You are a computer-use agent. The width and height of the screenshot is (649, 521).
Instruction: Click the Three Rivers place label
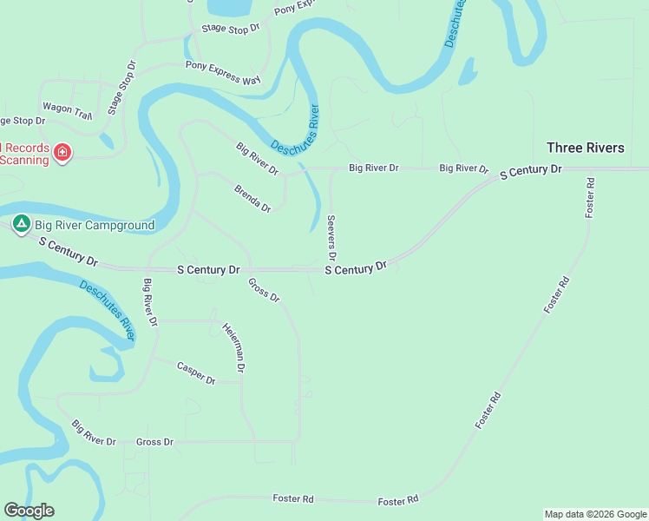tap(585, 148)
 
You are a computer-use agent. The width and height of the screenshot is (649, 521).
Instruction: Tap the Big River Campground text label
tap(95, 226)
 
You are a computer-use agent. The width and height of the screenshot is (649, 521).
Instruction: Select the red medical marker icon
tap(62, 154)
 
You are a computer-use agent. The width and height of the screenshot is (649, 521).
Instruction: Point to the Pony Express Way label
tap(223, 73)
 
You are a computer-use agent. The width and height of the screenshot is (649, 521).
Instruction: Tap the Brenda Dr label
tap(252, 198)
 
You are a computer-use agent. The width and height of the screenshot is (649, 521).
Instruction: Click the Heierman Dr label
tap(233, 348)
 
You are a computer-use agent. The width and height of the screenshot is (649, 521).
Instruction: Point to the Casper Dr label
tap(196, 373)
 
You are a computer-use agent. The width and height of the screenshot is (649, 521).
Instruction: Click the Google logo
tap(29, 511)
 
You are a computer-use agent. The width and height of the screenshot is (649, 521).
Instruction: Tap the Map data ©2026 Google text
tap(595, 514)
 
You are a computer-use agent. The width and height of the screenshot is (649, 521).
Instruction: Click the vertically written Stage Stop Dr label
tap(122, 88)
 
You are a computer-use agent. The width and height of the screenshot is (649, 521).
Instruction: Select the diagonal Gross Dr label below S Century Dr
tap(264, 290)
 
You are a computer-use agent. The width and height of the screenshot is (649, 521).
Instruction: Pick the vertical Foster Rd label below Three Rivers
tap(590, 198)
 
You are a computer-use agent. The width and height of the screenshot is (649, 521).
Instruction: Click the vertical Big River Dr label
tap(150, 302)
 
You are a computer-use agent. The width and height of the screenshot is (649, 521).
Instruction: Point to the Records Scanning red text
tap(24, 154)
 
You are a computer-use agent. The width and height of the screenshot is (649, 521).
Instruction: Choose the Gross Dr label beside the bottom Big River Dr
tap(154, 442)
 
